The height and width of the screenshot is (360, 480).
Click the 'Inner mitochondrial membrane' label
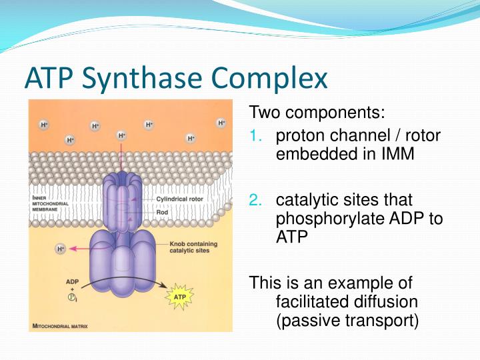coord(49,203)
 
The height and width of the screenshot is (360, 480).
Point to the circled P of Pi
coord(71,299)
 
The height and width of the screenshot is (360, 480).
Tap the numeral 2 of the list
coord(254,200)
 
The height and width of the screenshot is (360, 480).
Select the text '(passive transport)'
coord(347,321)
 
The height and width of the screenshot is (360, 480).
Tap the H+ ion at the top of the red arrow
coord(121,135)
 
